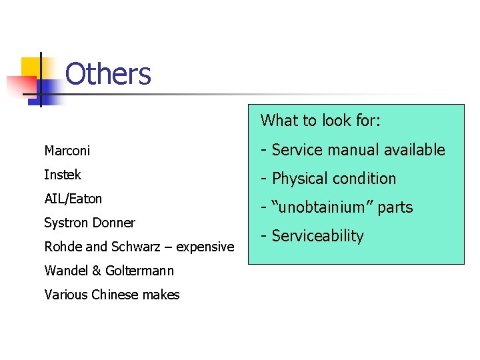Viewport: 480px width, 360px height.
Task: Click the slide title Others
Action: [108, 74]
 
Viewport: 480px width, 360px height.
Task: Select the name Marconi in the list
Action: [67, 151]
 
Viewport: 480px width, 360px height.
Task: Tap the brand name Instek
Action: [63, 175]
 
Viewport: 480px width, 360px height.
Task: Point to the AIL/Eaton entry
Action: [73, 199]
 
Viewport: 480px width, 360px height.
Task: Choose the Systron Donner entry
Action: [89, 223]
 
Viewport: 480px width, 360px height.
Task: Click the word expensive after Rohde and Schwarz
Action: [205, 247]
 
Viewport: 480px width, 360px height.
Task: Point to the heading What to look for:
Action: [320, 121]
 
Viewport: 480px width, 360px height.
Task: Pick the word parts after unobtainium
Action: [395, 208]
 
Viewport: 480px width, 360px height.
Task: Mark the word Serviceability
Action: [317, 236]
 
